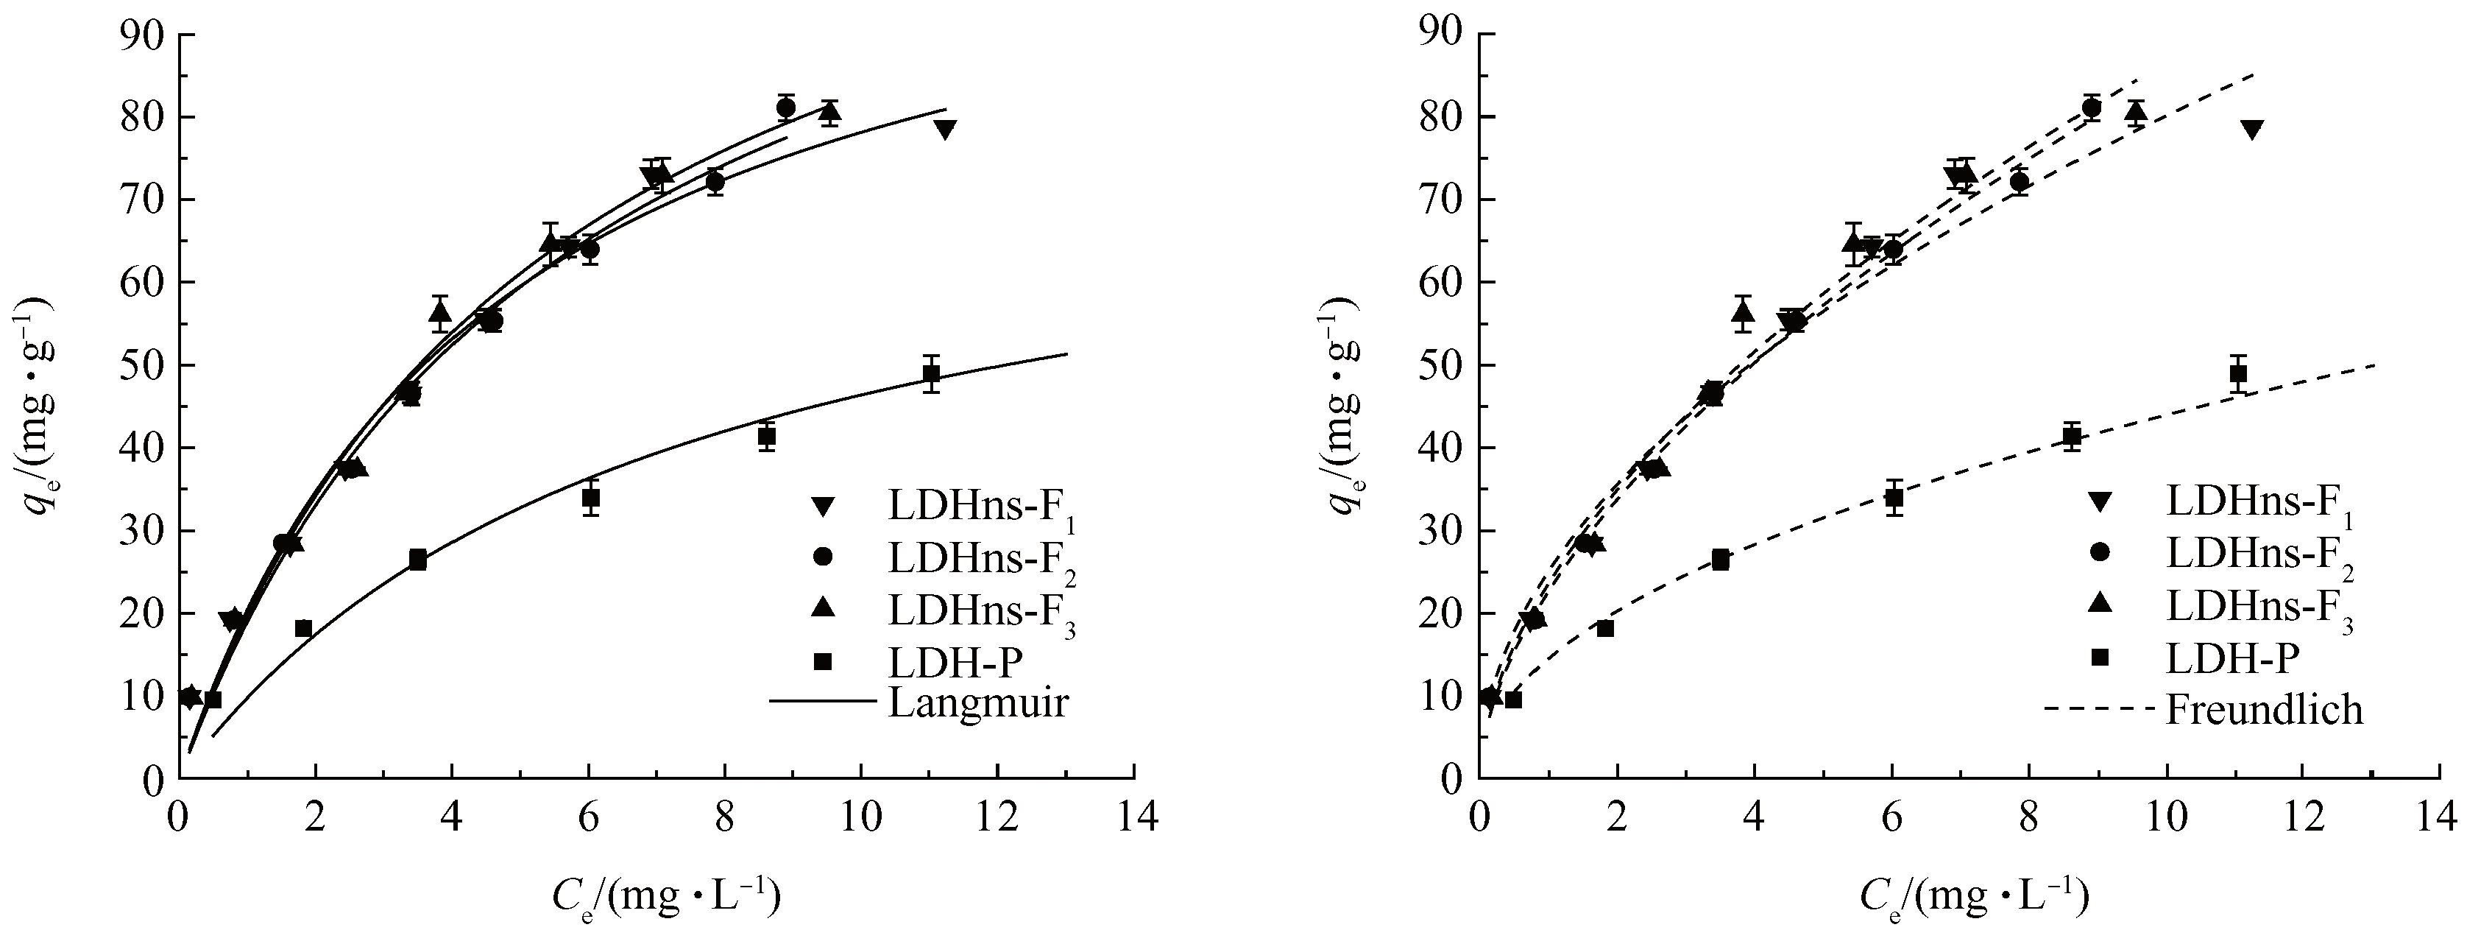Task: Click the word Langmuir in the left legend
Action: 978,703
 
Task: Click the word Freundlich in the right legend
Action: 2264,710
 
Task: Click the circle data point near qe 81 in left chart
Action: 786,108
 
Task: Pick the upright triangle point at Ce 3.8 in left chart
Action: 439,311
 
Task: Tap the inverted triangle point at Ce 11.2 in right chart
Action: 2251,130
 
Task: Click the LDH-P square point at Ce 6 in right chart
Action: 1894,498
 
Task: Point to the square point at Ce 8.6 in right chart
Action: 2072,437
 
